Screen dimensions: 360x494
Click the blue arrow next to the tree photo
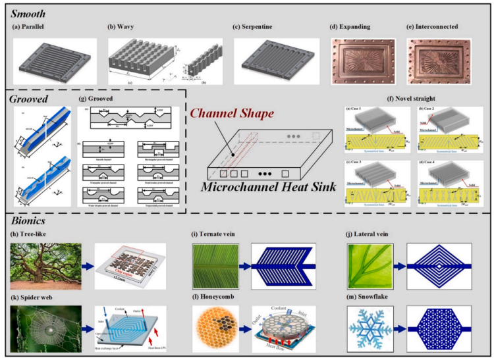coord(88,265)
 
